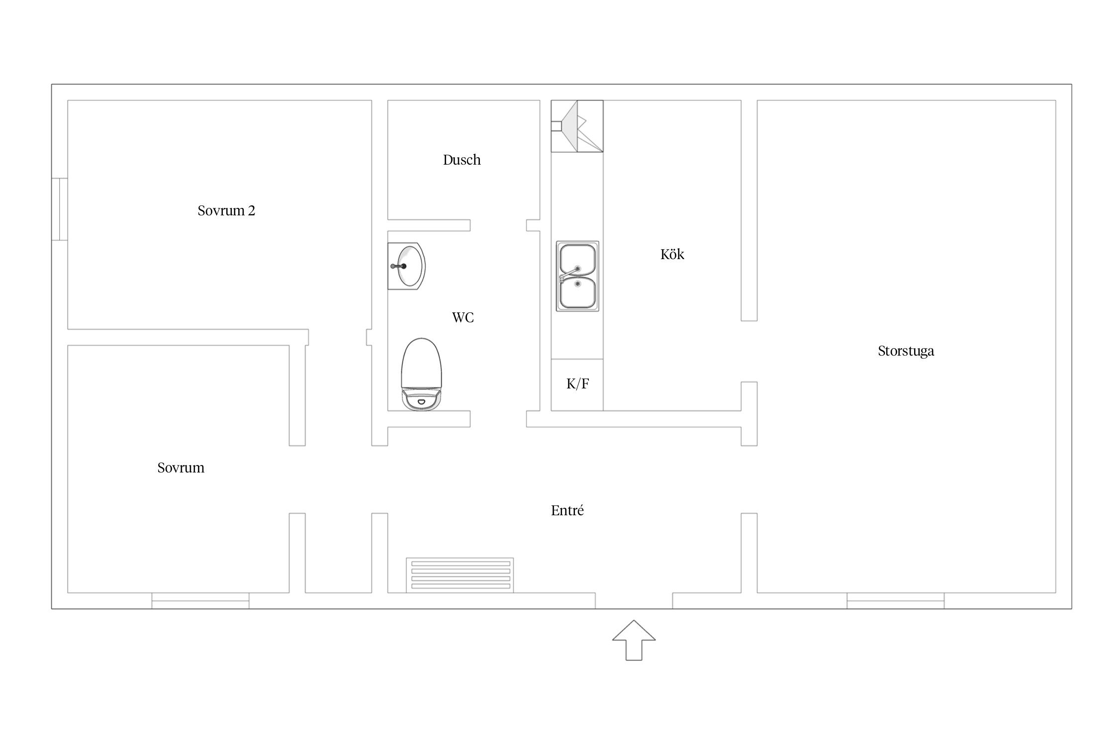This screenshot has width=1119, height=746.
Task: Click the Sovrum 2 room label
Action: click(x=226, y=211)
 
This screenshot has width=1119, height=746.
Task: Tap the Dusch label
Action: click(x=462, y=160)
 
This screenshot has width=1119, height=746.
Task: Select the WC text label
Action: click(x=463, y=317)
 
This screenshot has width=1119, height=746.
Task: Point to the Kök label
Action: click(x=672, y=254)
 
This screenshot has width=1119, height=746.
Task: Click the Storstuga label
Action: click(x=906, y=351)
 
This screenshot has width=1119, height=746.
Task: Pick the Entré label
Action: click(x=567, y=510)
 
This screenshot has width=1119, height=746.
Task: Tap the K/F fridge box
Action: click(x=577, y=384)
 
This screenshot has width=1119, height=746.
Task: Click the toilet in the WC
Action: click(x=421, y=374)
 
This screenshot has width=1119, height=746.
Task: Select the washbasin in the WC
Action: click(x=407, y=266)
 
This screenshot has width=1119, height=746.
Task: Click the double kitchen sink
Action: click(x=577, y=277)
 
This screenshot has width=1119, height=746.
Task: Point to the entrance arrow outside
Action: click(x=634, y=640)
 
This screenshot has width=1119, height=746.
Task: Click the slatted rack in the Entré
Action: click(x=460, y=575)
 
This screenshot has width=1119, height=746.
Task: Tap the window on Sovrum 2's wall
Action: click(x=60, y=209)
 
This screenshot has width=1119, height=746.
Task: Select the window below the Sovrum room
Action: click(x=200, y=601)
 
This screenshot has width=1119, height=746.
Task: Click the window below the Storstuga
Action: click(x=896, y=601)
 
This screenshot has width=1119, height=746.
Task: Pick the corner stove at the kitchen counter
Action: click(x=577, y=126)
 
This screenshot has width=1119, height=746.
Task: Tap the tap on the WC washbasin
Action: click(x=399, y=267)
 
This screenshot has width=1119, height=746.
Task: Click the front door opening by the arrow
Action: click(x=634, y=601)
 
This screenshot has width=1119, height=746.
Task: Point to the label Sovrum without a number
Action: click(x=181, y=468)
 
